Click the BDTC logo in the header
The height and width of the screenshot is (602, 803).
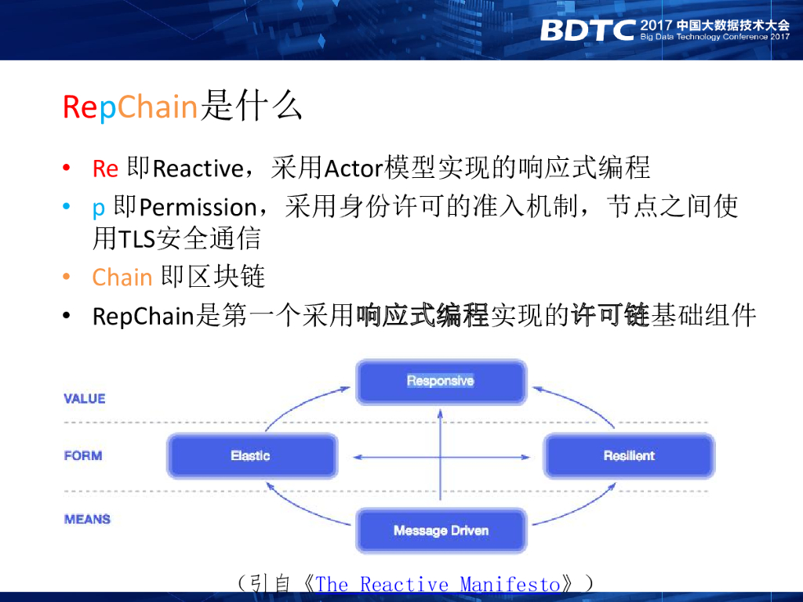587,31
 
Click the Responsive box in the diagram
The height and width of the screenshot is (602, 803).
441,382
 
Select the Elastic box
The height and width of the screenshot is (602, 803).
252,455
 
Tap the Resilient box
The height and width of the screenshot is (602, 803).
629,455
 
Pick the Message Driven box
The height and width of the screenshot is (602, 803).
441,531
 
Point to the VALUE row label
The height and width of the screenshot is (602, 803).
85,399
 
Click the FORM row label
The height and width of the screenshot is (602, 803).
83,455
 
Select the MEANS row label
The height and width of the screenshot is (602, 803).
87,519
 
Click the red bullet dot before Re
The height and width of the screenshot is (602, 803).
66,168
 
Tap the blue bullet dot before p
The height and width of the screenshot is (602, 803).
66,206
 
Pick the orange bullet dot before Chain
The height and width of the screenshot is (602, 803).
66,277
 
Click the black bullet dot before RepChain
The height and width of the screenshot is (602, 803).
66,315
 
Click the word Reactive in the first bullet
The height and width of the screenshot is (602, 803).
198,169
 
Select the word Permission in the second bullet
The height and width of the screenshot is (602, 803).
198,207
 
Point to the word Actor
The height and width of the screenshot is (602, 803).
354,169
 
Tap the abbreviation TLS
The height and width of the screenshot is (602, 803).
136,238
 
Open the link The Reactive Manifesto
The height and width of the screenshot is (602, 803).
438,584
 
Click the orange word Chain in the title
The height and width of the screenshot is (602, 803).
157,107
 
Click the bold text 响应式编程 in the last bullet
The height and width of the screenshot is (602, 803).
423,315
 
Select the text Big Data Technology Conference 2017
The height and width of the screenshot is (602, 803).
715,37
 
